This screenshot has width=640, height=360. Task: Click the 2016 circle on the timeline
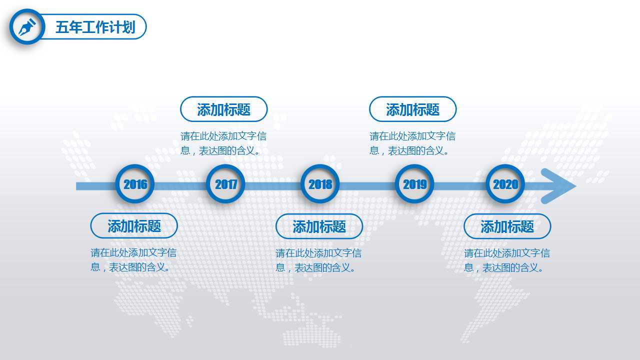pos(135,184)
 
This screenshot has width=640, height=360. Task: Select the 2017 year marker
pos(226,184)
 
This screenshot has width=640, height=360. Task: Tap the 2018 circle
pos(320,184)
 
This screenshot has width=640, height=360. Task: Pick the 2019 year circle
pos(414,184)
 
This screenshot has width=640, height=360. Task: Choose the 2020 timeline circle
pos(505,184)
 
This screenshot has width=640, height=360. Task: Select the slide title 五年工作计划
pos(95,27)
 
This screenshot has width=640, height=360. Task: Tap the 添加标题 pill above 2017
pos(223,109)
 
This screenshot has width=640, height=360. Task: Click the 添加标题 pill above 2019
pos(412,109)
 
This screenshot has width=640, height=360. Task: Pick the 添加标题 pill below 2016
pos(134,226)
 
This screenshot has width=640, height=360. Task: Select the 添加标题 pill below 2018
pos(319,226)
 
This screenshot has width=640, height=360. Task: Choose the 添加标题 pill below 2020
pos(507,226)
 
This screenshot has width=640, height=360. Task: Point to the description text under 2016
pos(133,259)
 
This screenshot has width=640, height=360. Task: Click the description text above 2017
pos(223,143)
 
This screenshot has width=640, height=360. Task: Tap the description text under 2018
pos(318,260)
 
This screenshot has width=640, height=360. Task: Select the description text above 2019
pos(412,143)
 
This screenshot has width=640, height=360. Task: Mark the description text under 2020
pos(507,260)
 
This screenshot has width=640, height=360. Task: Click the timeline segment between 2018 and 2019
pos(367,186)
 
